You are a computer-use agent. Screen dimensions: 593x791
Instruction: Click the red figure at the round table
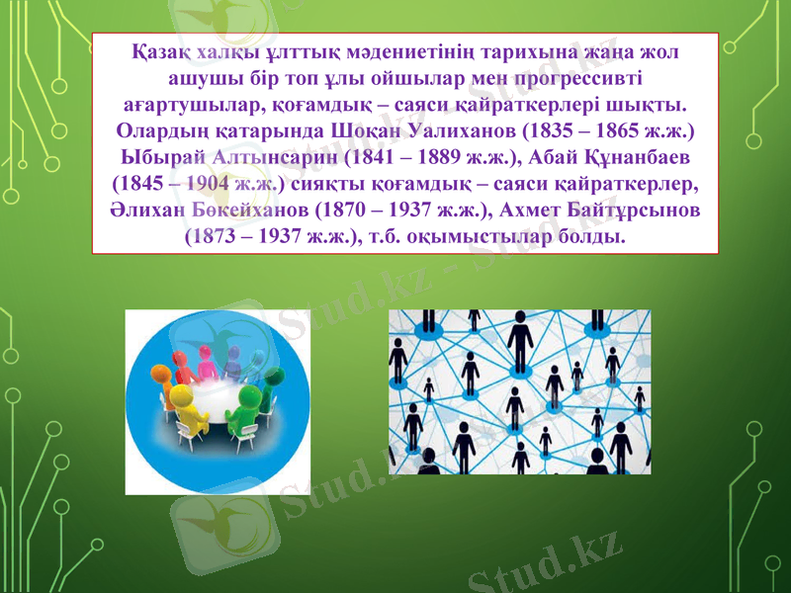[207, 364]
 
